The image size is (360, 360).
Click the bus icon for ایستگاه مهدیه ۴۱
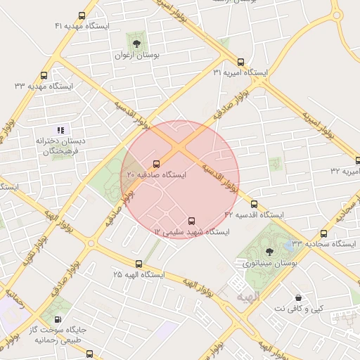(x=83, y=16)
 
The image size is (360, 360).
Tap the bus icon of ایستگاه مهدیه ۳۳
(x=44, y=75)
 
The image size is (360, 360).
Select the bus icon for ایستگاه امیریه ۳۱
(x=241, y=62)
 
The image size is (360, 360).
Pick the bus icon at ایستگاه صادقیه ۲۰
(x=155, y=163)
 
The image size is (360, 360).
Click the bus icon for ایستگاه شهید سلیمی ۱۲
(x=193, y=220)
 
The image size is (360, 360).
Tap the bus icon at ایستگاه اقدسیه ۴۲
(x=254, y=204)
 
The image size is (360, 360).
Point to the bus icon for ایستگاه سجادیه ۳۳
(x=323, y=233)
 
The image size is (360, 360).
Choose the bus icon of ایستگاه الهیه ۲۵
(x=139, y=265)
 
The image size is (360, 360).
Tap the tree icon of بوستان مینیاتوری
(x=270, y=251)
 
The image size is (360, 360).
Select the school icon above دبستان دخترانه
(x=60, y=129)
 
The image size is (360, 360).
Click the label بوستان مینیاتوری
(x=271, y=264)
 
